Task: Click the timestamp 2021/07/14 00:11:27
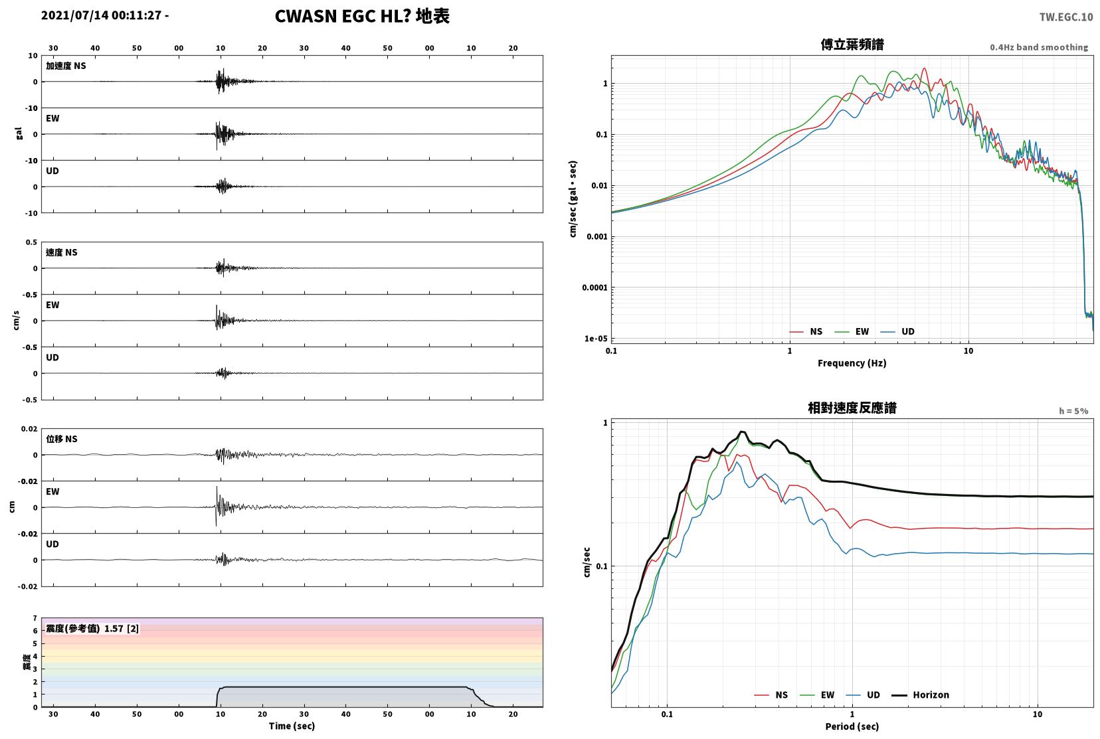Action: click(x=101, y=15)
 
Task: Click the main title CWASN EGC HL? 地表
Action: click(x=362, y=16)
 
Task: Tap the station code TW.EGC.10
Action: click(x=1065, y=17)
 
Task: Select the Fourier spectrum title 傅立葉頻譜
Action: click(x=852, y=44)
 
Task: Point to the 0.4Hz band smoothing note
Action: click(x=1039, y=47)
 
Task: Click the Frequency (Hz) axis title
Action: click(x=852, y=363)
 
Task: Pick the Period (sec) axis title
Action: click(x=852, y=726)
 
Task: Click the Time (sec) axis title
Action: click(x=292, y=726)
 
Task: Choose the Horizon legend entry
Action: click(x=920, y=695)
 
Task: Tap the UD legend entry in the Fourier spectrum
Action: click(x=897, y=332)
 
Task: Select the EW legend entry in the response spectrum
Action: click(x=817, y=695)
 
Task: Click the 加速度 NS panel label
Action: click(x=66, y=66)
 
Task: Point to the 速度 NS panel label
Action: click(x=61, y=252)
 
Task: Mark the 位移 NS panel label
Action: click(x=61, y=439)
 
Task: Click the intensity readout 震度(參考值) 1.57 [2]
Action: click(x=92, y=629)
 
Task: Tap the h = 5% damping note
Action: click(x=1073, y=411)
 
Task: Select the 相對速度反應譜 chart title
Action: click(x=852, y=408)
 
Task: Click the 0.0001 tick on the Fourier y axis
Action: click(x=595, y=287)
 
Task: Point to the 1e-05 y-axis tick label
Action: click(x=596, y=339)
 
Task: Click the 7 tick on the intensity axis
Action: click(x=35, y=618)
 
